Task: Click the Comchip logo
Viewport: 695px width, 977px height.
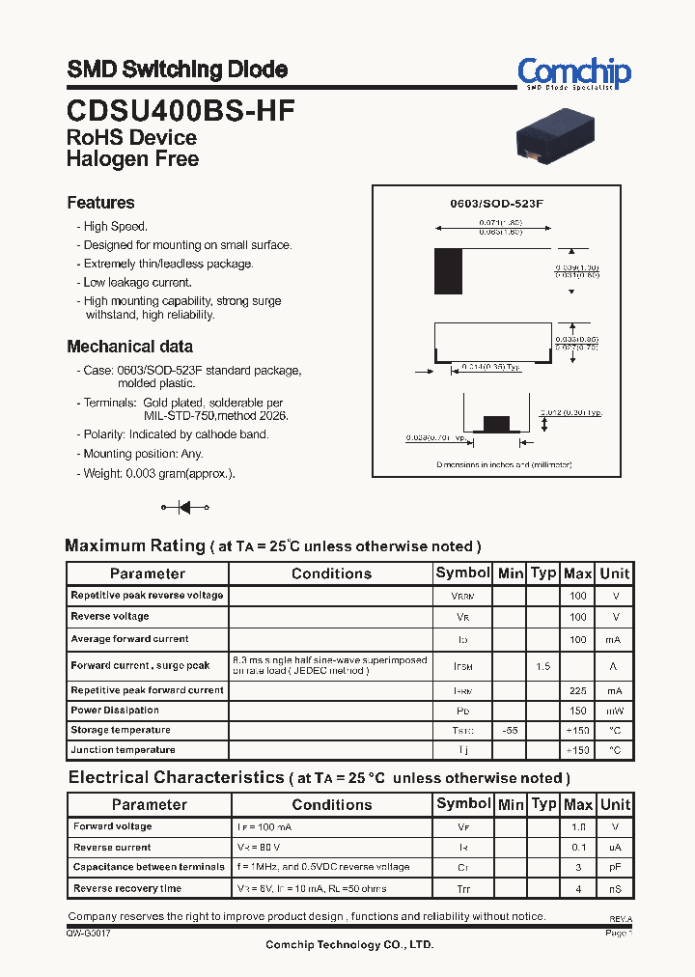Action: [x=573, y=73]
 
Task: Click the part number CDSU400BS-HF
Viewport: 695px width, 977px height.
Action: [x=181, y=109]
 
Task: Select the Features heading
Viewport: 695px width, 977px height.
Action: [x=100, y=203]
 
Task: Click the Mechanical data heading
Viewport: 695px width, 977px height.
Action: [x=129, y=347]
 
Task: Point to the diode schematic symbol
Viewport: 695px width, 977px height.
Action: [x=184, y=507]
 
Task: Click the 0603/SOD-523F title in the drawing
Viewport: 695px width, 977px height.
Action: [x=497, y=205]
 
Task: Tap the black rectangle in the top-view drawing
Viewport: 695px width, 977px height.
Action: [x=448, y=270]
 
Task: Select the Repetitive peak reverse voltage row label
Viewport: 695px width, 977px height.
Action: [x=147, y=596]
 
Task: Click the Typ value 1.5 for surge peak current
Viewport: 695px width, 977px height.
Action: [x=543, y=666]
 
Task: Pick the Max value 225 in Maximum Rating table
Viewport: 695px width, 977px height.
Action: [x=577, y=691]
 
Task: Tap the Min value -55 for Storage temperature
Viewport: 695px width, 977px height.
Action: [x=510, y=731]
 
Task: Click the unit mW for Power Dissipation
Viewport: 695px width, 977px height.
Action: [x=615, y=711]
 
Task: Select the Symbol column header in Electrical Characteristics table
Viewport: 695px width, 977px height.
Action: [x=463, y=804]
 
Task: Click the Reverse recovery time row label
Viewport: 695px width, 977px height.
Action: [x=127, y=888]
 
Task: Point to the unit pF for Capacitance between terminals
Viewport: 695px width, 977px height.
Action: [x=615, y=868]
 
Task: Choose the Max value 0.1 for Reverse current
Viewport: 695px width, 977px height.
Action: [x=577, y=848]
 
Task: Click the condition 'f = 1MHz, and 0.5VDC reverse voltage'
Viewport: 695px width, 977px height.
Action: [x=322, y=867]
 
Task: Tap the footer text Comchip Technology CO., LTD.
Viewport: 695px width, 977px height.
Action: [x=349, y=945]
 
